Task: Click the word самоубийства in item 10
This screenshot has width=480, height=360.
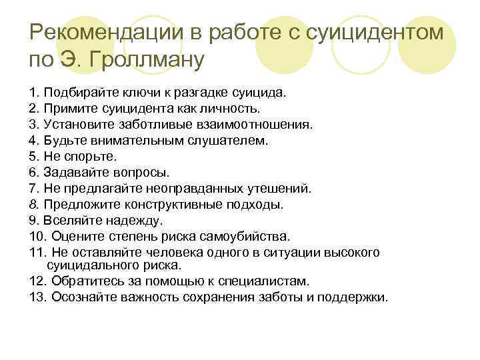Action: (249, 236)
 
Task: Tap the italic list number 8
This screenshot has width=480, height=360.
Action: (33, 204)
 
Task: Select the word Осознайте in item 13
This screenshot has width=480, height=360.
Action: (79, 297)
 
